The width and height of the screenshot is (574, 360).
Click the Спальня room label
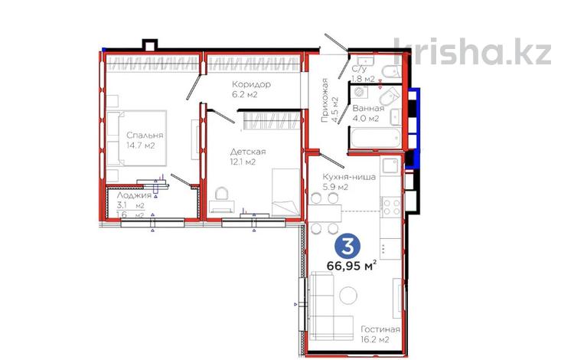pyautogui.click(x=145, y=135)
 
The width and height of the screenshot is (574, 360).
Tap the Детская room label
pyautogui.click(x=248, y=152)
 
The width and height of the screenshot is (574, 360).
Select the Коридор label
pyautogui.click(x=252, y=84)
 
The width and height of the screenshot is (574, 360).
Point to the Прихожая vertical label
pyautogui.click(x=325, y=100)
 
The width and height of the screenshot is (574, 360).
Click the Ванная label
pyautogui.click(x=368, y=109)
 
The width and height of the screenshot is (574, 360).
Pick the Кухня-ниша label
pyautogui.click(x=349, y=177)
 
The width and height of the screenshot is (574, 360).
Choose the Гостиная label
pyautogui.click(x=380, y=329)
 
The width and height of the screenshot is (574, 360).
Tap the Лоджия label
pyautogui.click(x=134, y=195)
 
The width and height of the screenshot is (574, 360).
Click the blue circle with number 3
pyautogui.click(x=347, y=247)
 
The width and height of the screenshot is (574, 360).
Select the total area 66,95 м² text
pyautogui.click(x=351, y=266)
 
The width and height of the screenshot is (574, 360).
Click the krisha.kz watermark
pyautogui.click(x=472, y=51)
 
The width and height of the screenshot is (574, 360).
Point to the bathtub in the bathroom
pyautogui.click(x=376, y=138)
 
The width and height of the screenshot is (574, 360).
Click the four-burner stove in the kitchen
pyautogui.click(x=391, y=207)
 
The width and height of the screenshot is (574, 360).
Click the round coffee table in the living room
pyautogui.click(x=348, y=296)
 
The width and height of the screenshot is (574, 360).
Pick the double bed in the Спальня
pyautogui.click(x=137, y=138)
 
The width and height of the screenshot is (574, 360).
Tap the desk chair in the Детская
pyautogui.click(x=221, y=193)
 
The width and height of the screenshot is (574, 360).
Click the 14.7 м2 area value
pyautogui.click(x=141, y=146)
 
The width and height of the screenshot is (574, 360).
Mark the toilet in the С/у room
pyautogui.click(x=391, y=70)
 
